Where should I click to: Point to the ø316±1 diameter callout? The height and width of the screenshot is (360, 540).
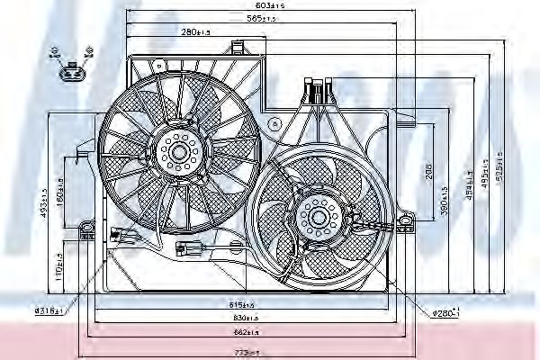[x=47, y=310]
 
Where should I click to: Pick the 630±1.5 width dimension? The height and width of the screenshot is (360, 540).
[x=245, y=319]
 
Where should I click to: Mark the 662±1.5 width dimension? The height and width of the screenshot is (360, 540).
[x=245, y=332]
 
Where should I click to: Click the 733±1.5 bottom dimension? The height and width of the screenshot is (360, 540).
[x=245, y=352]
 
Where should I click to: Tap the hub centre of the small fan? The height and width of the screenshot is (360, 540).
[x=318, y=217]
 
